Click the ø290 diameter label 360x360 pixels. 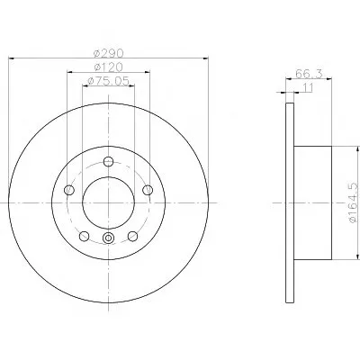coord(108,53)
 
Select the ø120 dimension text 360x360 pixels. coord(108,67)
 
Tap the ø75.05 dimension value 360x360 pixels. coord(108,81)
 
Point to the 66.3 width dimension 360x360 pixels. coord(309,74)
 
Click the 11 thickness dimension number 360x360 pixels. coord(308,87)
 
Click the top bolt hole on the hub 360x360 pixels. coord(108,161)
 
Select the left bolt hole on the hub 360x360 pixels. coord(69,190)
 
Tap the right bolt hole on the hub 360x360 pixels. coord(148,190)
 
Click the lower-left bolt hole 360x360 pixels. coord(85,236)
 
